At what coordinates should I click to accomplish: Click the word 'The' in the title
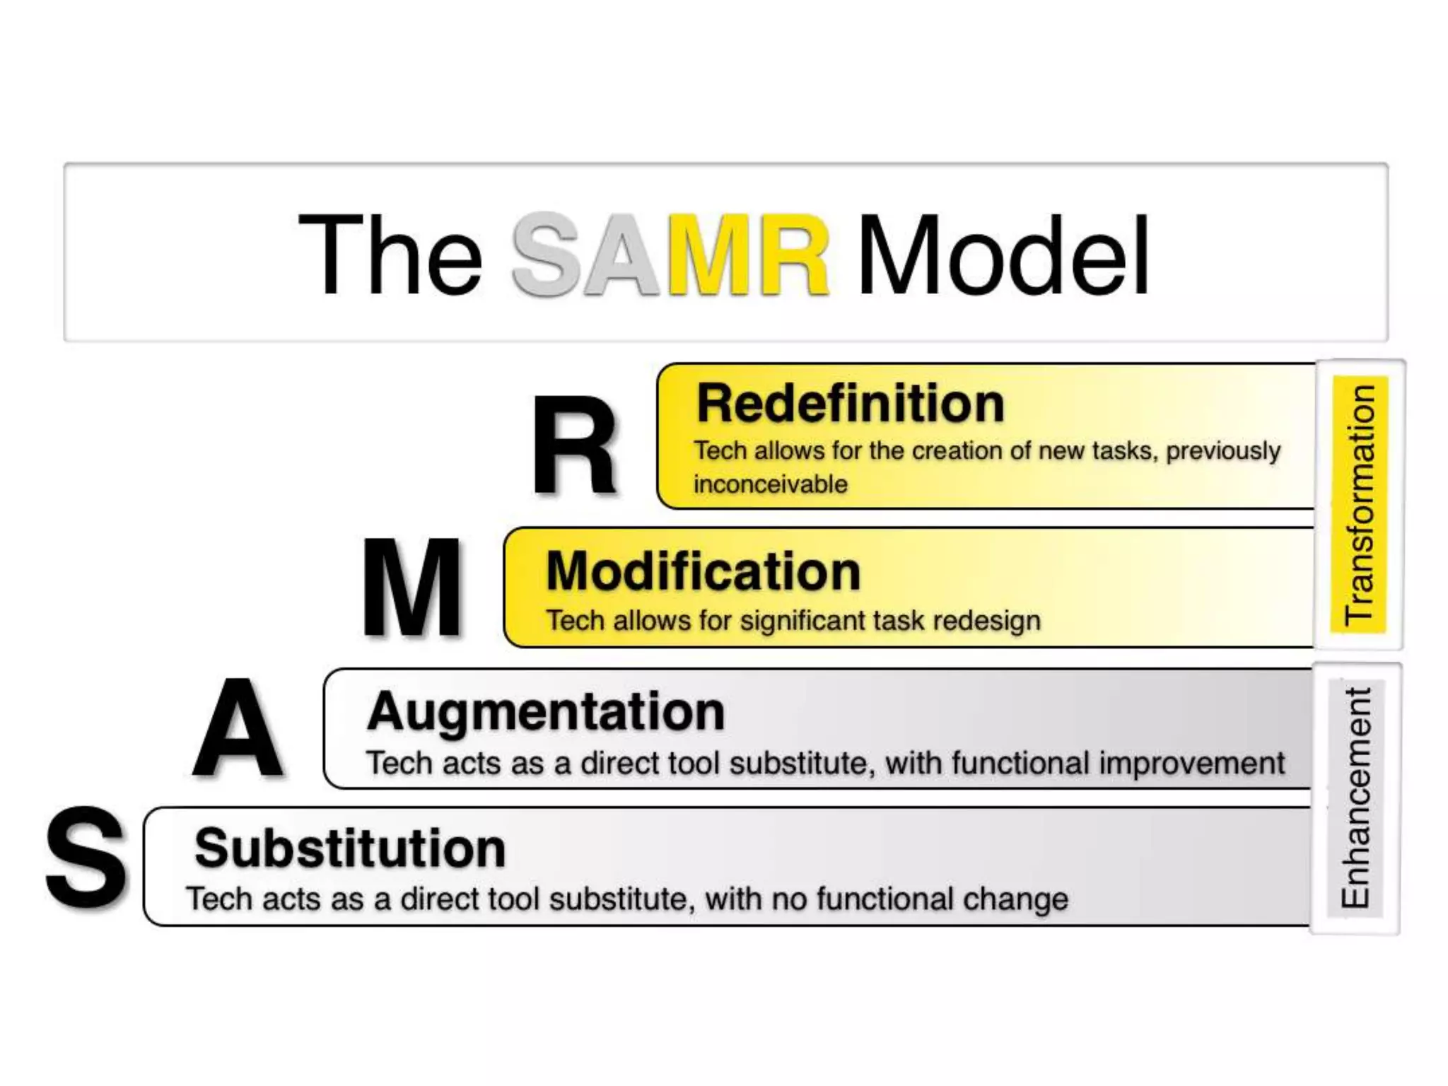coord(390,255)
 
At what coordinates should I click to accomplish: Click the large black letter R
coord(574,445)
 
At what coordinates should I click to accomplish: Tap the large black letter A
coord(238,728)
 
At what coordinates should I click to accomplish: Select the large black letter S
coord(86,859)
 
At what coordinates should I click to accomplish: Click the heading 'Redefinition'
coord(851,404)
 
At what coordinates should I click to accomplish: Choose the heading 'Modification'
coord(703,571)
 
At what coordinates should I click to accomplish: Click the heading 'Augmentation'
coord(546,711)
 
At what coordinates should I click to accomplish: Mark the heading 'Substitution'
coord(351,848)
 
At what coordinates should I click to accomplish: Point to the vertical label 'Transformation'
coord(1359,505)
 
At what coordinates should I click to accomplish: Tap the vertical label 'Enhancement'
coord(1356,798)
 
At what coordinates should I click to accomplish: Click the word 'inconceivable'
coord(770,484)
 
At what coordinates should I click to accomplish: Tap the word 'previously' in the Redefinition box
coord(1223,451)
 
